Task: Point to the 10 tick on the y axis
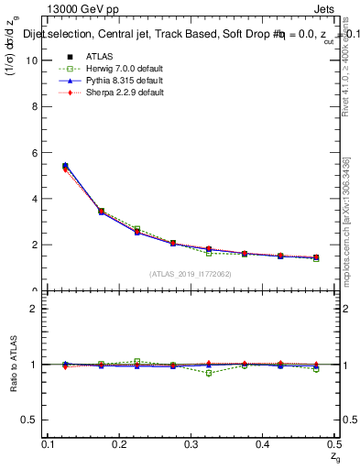(x=35, y=60)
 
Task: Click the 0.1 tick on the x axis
(x=50, y=444)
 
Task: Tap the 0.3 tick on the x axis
(x=190, y=444)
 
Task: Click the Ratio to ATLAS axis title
(x=12, y=365)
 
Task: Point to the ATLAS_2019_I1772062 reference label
(x=191, y=274)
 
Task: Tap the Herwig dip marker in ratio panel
(x=209, y=373)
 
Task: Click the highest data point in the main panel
(x=65, y=166)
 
